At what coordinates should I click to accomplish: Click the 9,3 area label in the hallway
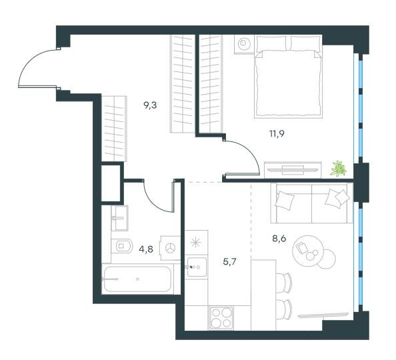(150, 105)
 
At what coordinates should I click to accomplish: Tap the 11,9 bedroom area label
(277, 133)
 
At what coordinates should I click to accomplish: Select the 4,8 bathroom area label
(146, 249)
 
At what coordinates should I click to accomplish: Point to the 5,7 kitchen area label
(229, 262)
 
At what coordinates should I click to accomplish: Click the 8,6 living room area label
(279, 238)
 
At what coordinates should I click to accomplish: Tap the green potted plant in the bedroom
(338, 168)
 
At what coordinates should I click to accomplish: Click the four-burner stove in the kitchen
(221, 318)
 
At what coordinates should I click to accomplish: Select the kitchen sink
(196, 267)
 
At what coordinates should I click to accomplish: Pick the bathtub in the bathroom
(137, 279)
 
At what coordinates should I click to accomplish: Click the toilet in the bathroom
(122, 246)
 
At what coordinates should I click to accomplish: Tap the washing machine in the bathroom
(170, 248)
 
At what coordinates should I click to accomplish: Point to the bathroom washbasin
(120, 218)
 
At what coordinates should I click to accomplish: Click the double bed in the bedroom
(288, 77)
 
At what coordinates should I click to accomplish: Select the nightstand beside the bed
(244, 44)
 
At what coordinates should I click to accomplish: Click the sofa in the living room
(311, 203)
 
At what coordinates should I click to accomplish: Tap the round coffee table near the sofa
(307, 251)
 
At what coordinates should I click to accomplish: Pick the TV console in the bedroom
(293, 170)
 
